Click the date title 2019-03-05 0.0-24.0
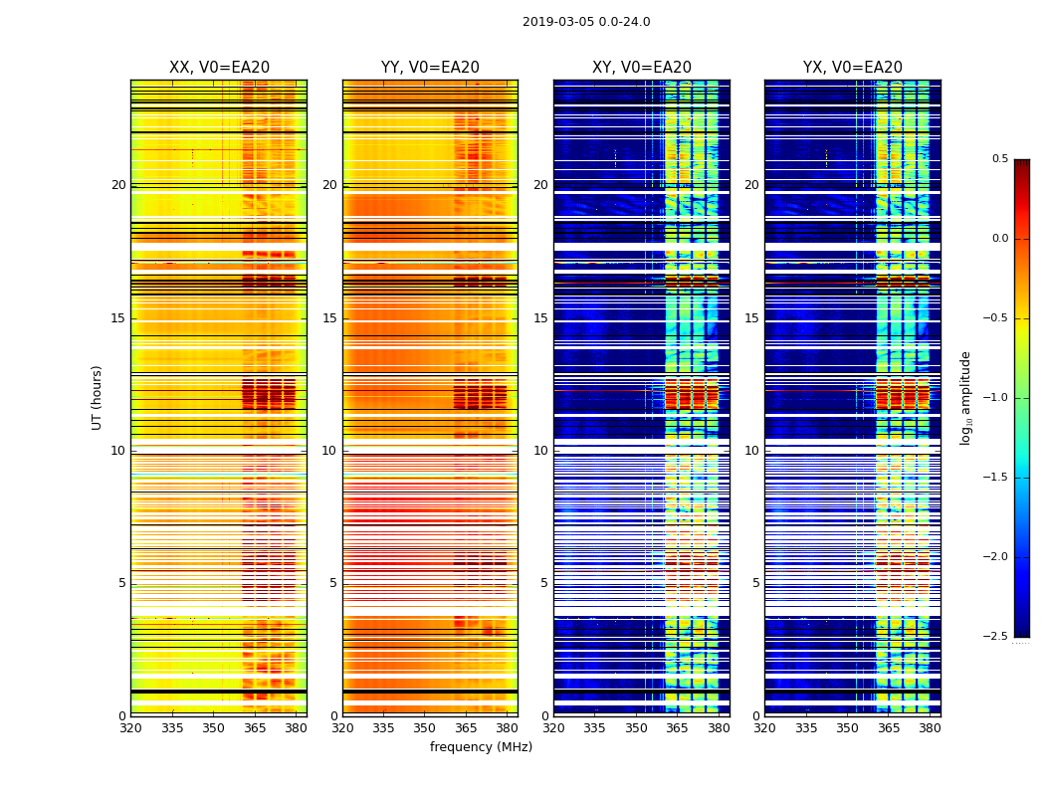pyautogui.click(x=586, y=22)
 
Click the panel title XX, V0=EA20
pyautogui.click(x=219, y=68)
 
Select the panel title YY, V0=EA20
pyautogui.click(x=430, y=68)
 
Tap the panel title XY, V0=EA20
pyautogui.click(x=642, y=68)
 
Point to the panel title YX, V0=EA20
pyautogui.click(x=853, y=68)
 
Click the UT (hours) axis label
pyautogui.click(x=98, y=397)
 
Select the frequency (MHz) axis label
pyautogui.click(x=481, y=747)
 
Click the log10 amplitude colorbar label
pyautogui.click(x=966, y=397)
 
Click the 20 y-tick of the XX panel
pyautogui.click(x=118, y=185)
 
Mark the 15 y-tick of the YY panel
pyautogui.click(x=329, y=318)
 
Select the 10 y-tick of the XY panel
pyautogui.click(x=540, y=451)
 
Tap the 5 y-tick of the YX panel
pyautogui.click(x=755, y=583)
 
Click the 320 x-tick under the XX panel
pyautogui.click(x=130, y=728)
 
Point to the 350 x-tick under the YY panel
pyautogui.click(x=425, y=728)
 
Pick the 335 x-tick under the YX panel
pyautogui.click(x=806, y=728)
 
